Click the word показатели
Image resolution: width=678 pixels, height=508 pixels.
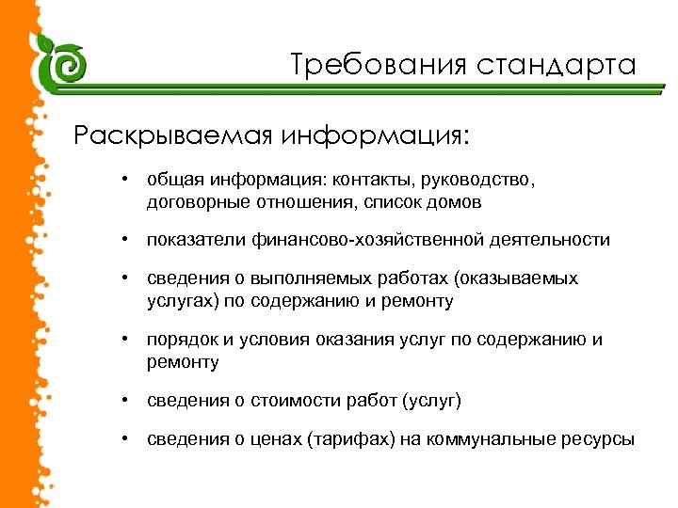(196, 240)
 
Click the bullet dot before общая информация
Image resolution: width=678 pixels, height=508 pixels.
(124, 179)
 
